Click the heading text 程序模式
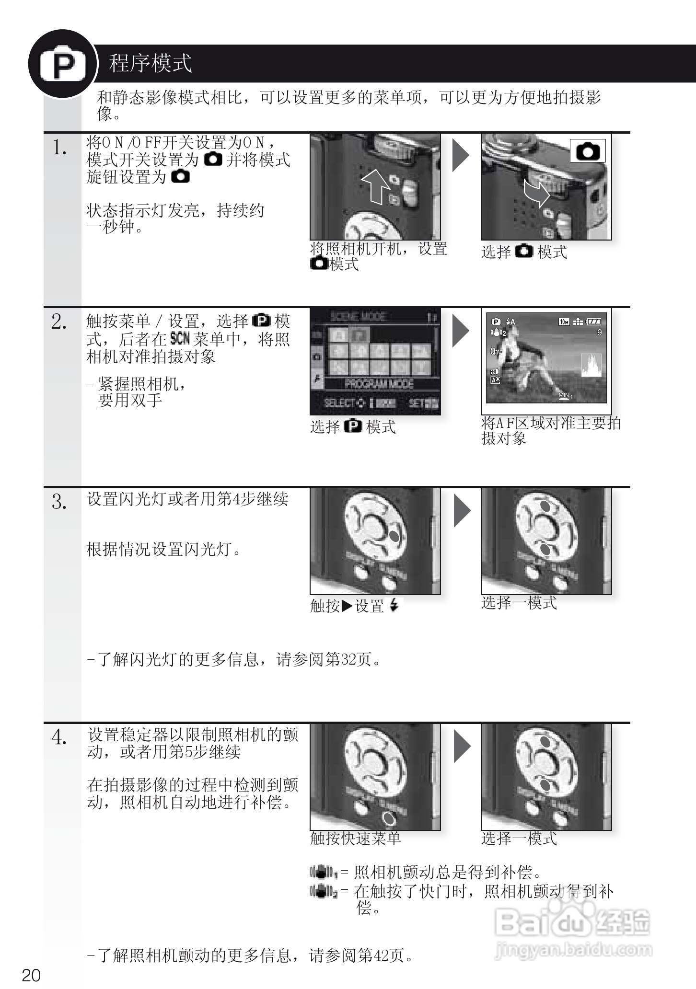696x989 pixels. point(151,64)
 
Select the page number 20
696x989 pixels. point(31,975)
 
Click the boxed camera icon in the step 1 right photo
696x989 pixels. point(588,151)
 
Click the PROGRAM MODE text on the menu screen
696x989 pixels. point(379,384)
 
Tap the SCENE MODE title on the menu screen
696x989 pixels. point(358,316)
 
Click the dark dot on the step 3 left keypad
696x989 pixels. point(394,536)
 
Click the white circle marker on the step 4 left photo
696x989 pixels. point(389,819)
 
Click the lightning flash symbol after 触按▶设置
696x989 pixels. point(394,606)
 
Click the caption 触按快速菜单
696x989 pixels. point(355,839)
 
